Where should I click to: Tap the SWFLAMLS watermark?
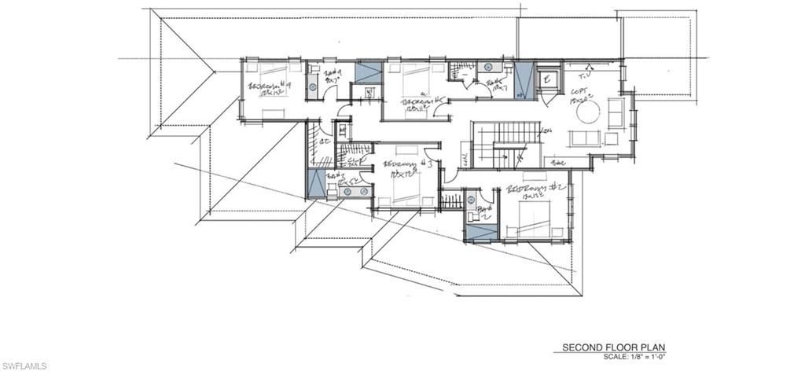(24, 365)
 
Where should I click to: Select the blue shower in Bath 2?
(481, 231)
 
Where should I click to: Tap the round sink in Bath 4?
(313, 88)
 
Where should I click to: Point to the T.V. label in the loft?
(583, 75)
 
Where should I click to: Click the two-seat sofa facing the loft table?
(583, 138)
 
